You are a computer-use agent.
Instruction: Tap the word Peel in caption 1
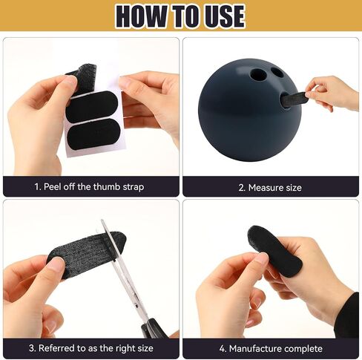[x=53, y=187]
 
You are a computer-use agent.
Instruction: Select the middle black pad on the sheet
[x=93, y=106]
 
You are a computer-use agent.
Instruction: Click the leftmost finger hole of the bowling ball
[x=257, y=74]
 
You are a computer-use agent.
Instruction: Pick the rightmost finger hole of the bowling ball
[x=277, y=71]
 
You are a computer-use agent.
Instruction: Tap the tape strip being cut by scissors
[x=87, y=250]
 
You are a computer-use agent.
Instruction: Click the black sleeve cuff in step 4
[x=349, y=315]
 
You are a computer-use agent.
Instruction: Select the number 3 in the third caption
[x=32, y=348]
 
